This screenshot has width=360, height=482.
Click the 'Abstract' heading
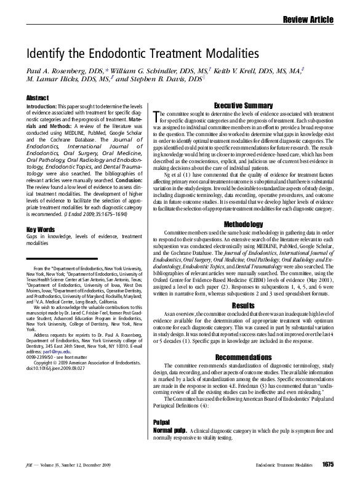38,97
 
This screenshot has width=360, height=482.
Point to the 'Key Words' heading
40,230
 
